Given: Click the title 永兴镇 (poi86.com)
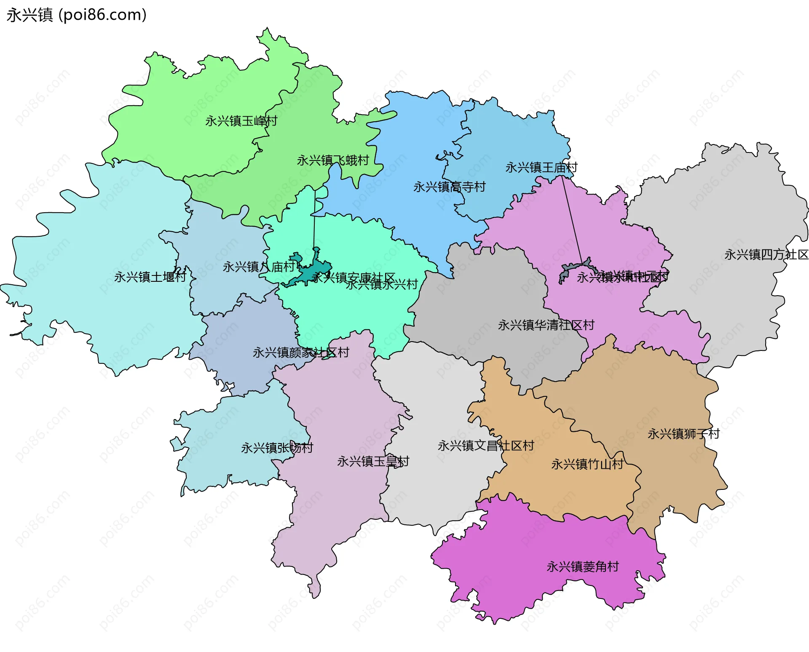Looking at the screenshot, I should tap(77, 15).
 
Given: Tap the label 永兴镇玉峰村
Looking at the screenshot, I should tap(241, 121).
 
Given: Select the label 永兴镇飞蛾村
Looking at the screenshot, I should tap(333, 160).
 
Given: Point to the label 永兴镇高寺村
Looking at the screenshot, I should tap(449, 187).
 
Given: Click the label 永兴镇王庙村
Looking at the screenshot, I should tap(541, 168).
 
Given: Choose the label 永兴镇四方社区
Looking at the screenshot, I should tap(766, 255).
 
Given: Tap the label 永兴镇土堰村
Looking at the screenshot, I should tap(150, 277).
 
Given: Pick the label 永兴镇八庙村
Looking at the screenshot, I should tap(259, 267).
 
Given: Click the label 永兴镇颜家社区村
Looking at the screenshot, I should tap(301, 353).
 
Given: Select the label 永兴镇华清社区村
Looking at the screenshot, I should tap(546, 325).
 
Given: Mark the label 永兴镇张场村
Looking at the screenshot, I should tap(277, 448).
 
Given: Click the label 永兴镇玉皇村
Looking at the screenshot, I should tap(373, 462).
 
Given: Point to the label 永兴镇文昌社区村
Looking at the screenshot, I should tap(486, 446).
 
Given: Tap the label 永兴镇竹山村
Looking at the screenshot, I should tap(587, 465).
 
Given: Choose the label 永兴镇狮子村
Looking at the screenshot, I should tap(683, 434).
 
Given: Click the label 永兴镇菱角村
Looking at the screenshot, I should tap(583, 567).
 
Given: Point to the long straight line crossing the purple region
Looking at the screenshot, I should tap(572, 219).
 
